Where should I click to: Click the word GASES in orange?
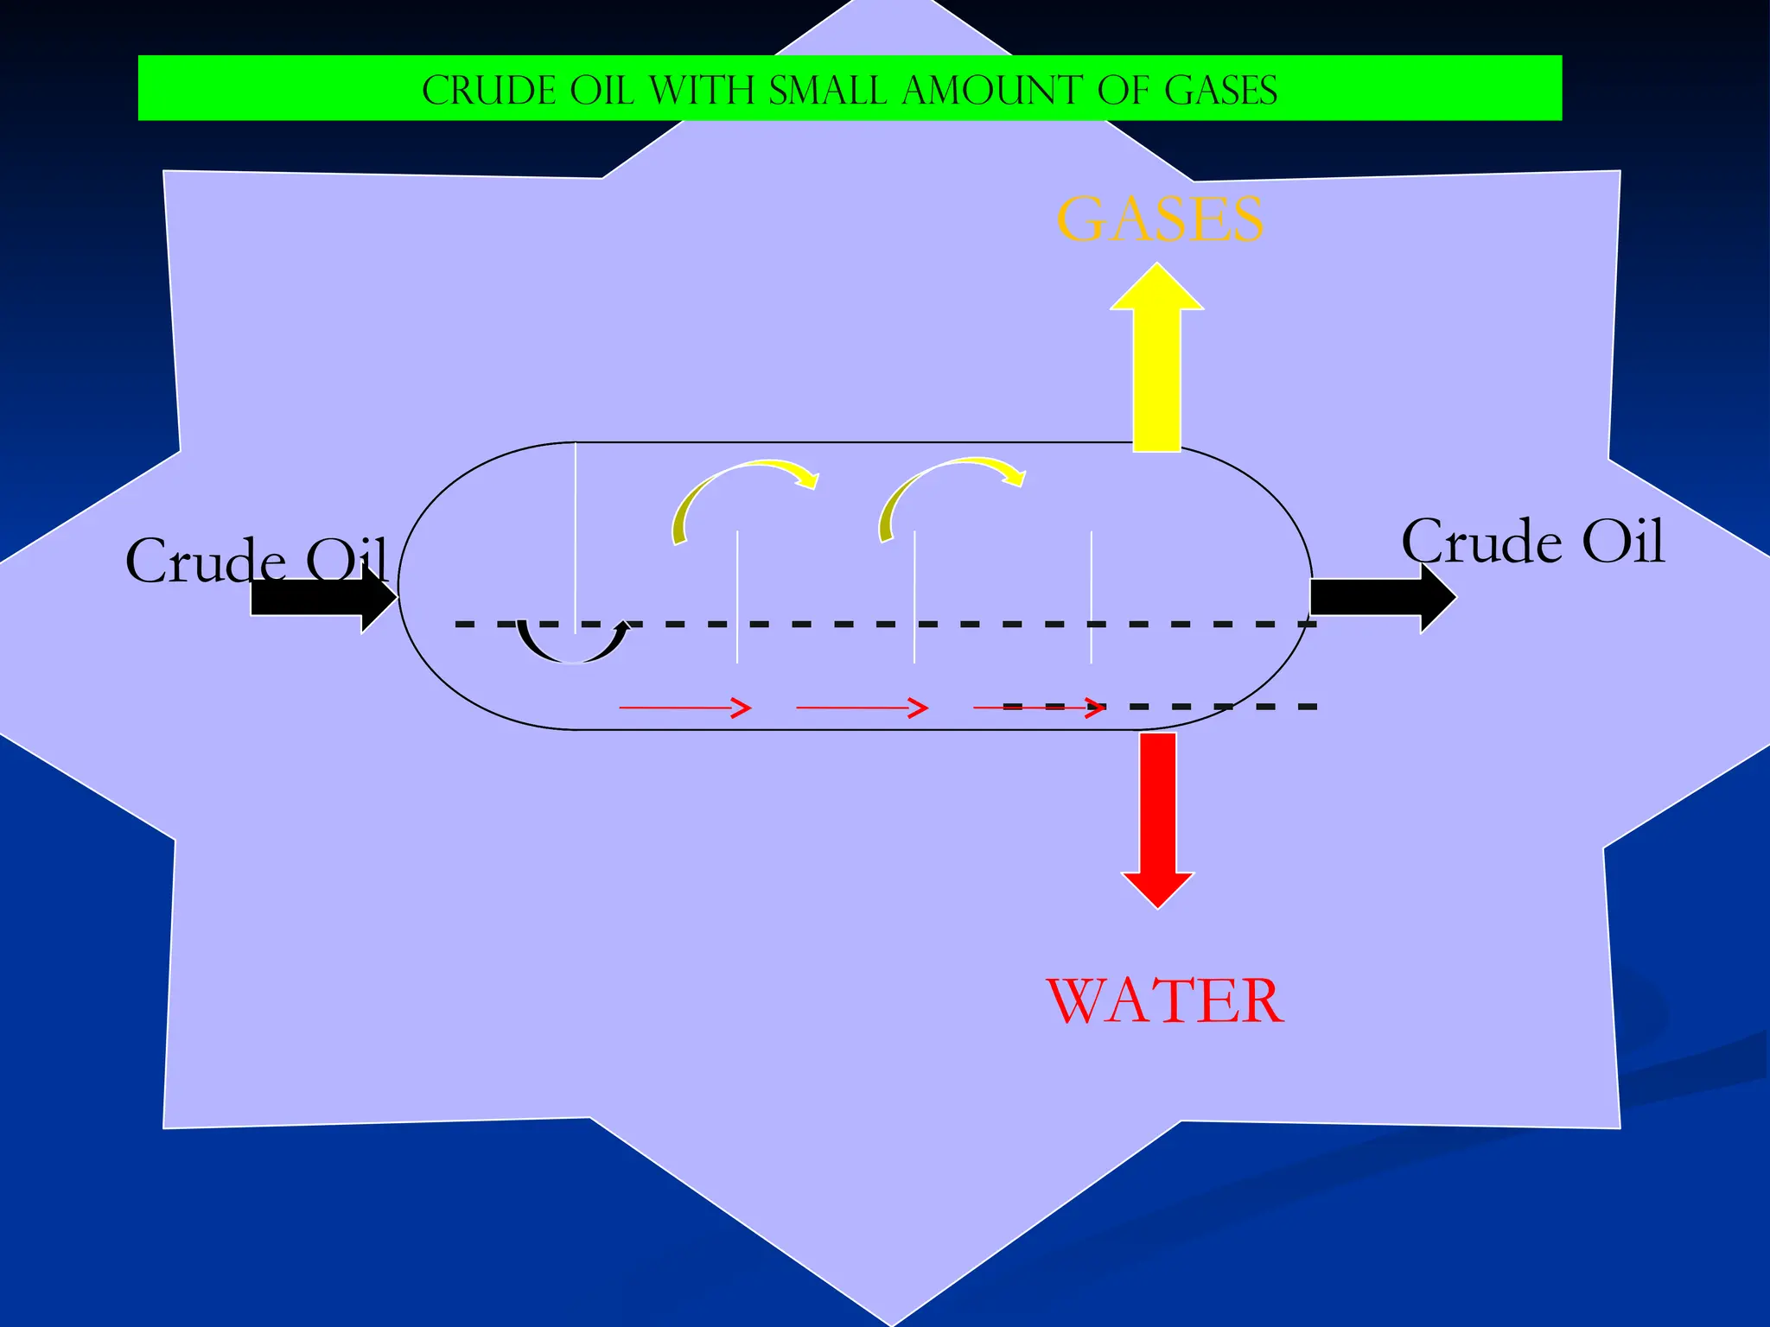click(1160, 219)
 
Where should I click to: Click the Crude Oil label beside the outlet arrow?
click(1532, 542)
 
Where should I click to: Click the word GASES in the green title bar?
click(1220, 91)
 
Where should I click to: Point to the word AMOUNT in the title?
click(992, 91)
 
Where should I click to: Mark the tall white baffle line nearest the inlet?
click(576, 536)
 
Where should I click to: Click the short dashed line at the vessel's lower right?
click(1210, 707)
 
